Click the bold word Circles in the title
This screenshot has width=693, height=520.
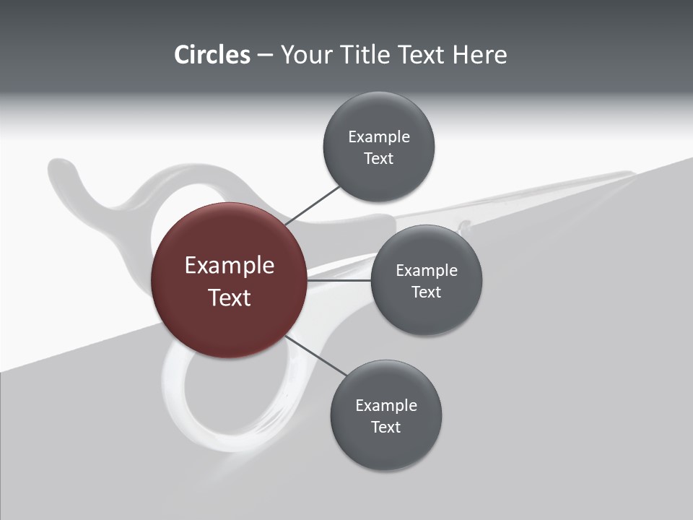tap(212, 55)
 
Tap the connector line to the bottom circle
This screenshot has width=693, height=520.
tap(316, 357)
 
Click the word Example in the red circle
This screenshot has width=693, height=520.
tap(230, 266)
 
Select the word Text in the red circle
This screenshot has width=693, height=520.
tap(230, 298)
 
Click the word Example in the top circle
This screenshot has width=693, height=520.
tap(379, 137)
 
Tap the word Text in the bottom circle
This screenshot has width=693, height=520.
tap(385, 428)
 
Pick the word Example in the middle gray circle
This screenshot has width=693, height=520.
tap(427, 271)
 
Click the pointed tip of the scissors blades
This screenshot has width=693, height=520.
tap(631, 173)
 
